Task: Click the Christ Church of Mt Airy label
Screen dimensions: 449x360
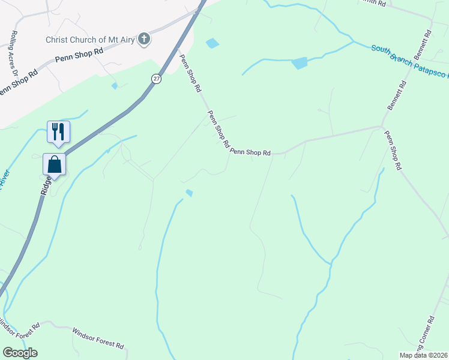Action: [x=90, y=40]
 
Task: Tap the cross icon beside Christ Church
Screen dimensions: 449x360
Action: [x=143, y=40]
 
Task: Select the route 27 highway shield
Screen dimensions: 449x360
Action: [x=156, y=79]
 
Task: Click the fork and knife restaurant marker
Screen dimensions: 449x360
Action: [x=58, y=131]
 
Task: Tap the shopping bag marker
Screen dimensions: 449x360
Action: [x=54, y=164]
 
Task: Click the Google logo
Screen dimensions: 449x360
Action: [x=20, y=353]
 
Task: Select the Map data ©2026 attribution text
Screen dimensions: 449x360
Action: [x=424, y=355]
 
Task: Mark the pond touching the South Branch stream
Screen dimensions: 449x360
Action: [x=299, y=62]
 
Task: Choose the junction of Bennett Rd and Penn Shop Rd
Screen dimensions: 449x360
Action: [x=382, y=126]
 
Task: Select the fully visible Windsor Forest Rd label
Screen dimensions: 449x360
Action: [x=98, y=338]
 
